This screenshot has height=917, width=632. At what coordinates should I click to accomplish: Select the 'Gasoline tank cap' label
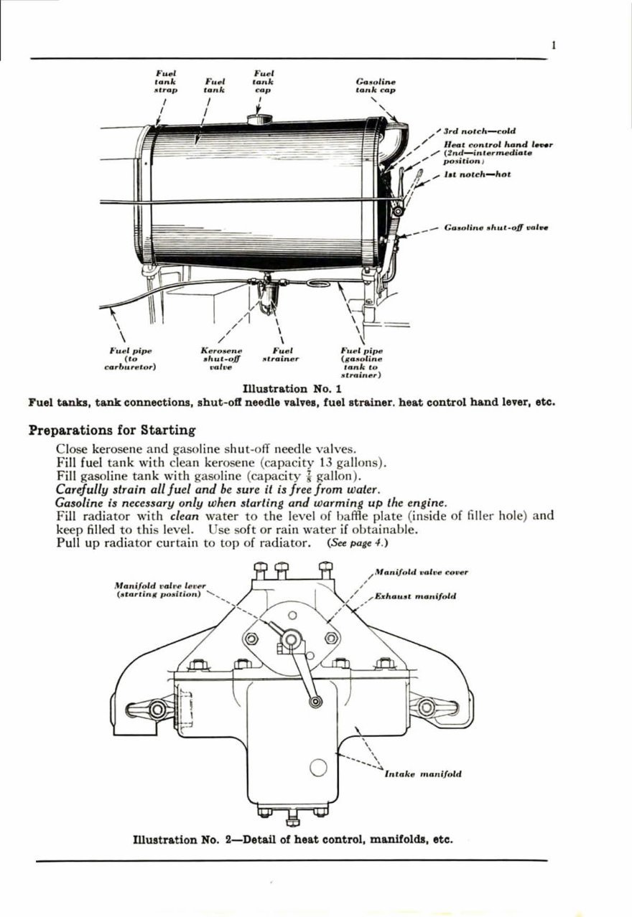tap(376, 86)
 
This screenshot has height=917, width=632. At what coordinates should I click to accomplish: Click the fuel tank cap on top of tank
tap(257, 118)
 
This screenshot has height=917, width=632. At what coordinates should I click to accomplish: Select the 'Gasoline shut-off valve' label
tap(497, 228)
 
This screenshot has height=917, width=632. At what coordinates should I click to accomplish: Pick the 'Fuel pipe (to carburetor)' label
tap(131, 357)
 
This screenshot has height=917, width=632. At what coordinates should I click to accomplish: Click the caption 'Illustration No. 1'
tap(291, 390)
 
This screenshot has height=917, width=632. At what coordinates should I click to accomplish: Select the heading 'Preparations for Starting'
tap(111, 431)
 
